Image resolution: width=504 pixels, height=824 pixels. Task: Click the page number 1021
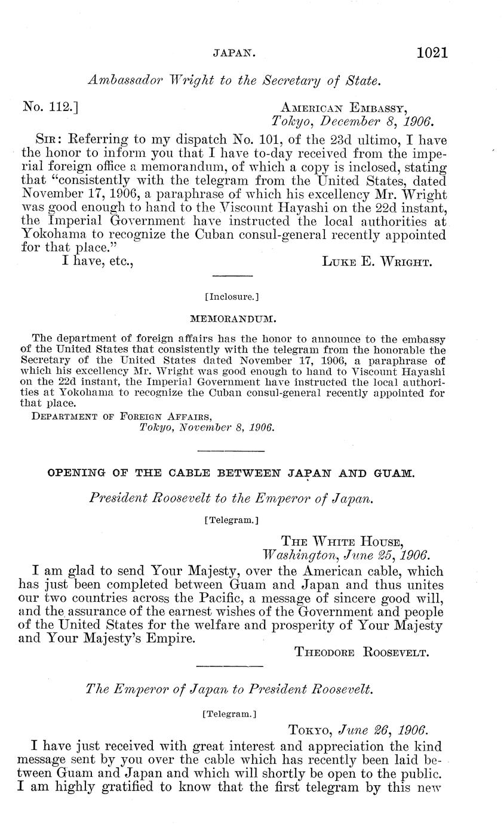[432, 53]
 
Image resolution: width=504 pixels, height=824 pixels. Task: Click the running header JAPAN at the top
[234, 54]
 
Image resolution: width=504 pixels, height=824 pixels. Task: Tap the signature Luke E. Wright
[374, 262]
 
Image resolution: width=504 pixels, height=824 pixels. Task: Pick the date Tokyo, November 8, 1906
[206, 428]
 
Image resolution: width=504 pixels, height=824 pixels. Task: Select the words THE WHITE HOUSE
[342, 542]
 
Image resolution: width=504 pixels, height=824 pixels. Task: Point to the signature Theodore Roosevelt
[362, 652]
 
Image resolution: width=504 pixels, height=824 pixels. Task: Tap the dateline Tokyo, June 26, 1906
[357, 730]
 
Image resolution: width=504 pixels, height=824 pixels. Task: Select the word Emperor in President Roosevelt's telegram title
[280, 497]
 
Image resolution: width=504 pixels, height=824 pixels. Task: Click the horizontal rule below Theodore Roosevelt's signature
[230, 666]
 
